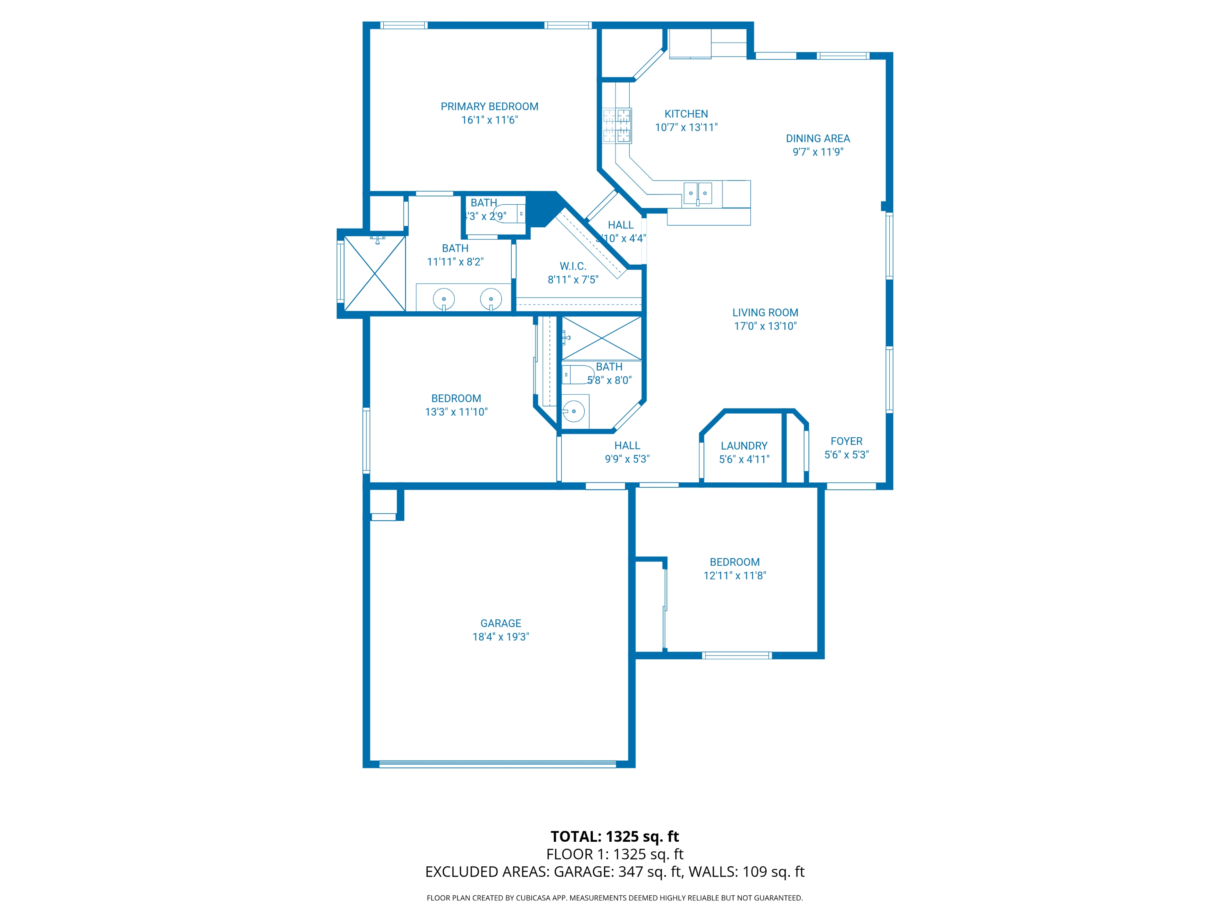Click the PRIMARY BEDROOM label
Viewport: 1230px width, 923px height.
point(489,106)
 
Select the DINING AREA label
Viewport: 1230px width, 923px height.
point(818,139)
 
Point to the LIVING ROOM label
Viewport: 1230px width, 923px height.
point(765,313)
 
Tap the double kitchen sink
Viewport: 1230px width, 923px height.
point(697,193)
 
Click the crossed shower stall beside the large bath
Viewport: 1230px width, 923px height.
point(375,273)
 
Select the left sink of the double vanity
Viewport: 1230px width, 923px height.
point(444,299)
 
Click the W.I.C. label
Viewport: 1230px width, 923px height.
point(573,267)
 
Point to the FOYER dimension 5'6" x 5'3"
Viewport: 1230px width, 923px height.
point(846,455)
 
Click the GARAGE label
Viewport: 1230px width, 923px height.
point(501,623)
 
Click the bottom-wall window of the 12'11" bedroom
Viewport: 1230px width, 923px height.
point(736,656)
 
